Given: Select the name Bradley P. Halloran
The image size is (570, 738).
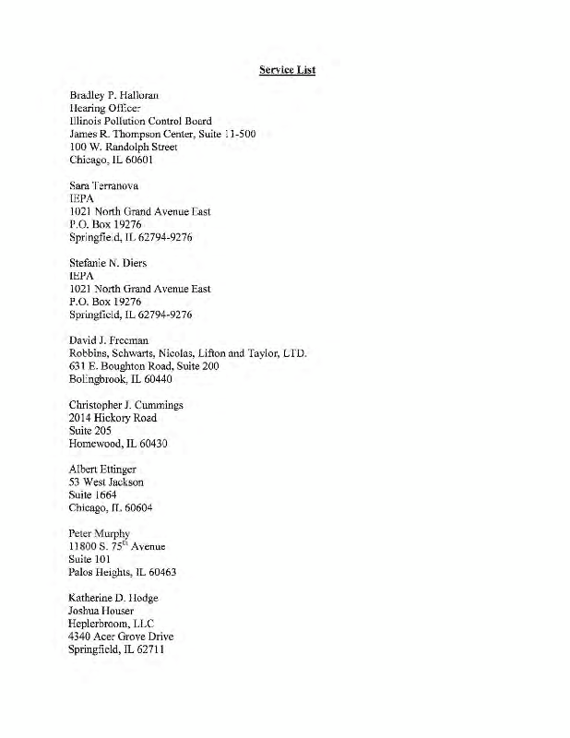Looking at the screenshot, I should [x=114, y=96].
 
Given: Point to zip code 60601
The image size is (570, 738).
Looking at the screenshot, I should [x=135, y=160].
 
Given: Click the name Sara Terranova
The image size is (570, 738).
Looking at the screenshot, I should [x=108, y=185].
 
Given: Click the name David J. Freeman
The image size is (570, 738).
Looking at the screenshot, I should [x=109, y=340].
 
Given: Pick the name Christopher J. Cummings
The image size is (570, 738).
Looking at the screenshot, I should [x=126, y=405].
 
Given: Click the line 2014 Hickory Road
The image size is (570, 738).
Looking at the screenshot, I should [x=113, y=418].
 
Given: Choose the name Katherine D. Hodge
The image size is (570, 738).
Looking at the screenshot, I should [x=113, y=598].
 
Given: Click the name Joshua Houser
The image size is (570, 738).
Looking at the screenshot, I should [x=101, y=611].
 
